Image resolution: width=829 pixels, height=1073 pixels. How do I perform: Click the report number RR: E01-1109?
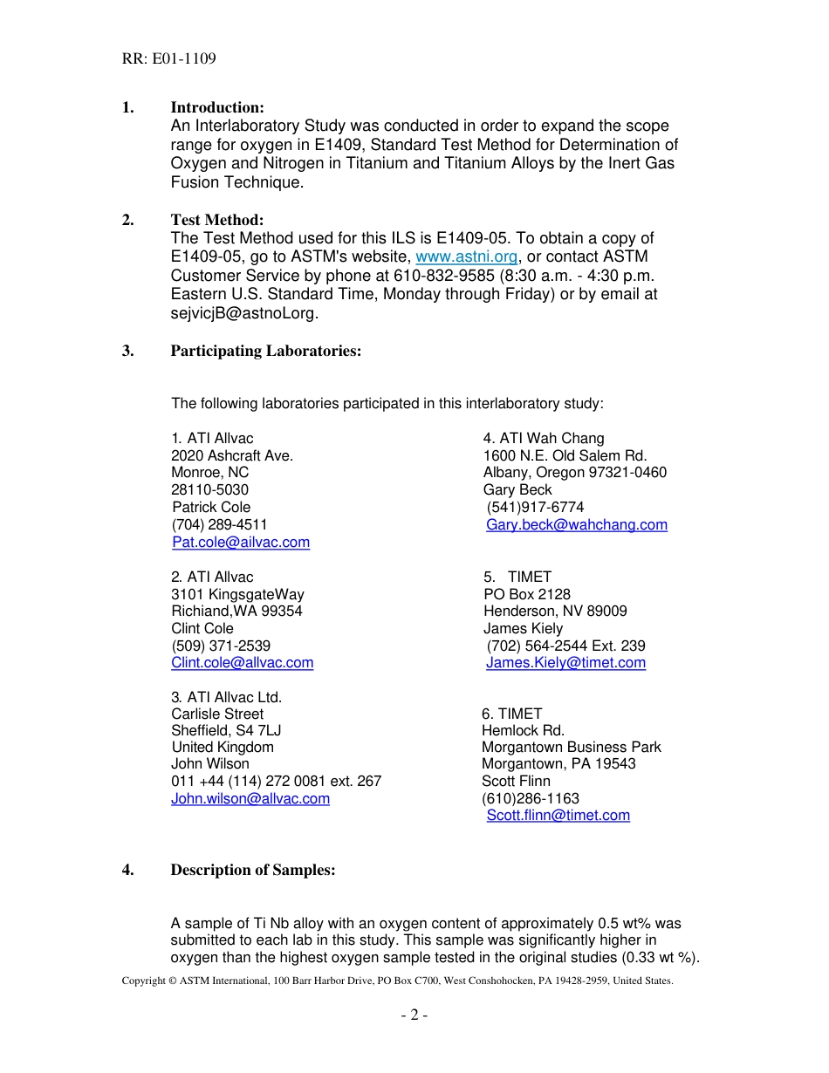pos(168,59)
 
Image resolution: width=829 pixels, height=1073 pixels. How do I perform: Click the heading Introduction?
pos(216,107)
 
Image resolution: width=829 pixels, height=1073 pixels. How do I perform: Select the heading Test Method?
pos(216,220)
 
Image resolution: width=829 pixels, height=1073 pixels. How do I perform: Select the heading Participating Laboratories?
pos(265,351)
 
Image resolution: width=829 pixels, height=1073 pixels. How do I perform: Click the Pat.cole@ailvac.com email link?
pos(241,543)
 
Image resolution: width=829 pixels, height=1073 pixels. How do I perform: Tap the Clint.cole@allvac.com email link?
pos(242,663)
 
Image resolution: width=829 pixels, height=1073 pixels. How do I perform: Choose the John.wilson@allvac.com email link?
pos(250,798)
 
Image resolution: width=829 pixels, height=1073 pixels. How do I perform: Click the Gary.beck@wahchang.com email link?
pos(577,525)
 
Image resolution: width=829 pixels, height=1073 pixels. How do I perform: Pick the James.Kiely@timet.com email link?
pos(565,663)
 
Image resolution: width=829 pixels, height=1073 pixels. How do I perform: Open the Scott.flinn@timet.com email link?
pos(558,816)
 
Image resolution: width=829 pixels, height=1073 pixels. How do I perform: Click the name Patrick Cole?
pos(211,508)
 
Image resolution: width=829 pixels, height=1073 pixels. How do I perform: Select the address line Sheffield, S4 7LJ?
pos(226,730)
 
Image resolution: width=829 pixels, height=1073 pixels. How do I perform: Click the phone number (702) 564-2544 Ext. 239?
pos(565,646)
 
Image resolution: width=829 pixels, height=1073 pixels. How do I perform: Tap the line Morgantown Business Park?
pos(571,748)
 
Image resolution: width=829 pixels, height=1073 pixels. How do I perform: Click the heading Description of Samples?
pos(252,870)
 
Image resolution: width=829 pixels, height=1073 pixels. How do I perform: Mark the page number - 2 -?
pos(414,1015)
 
